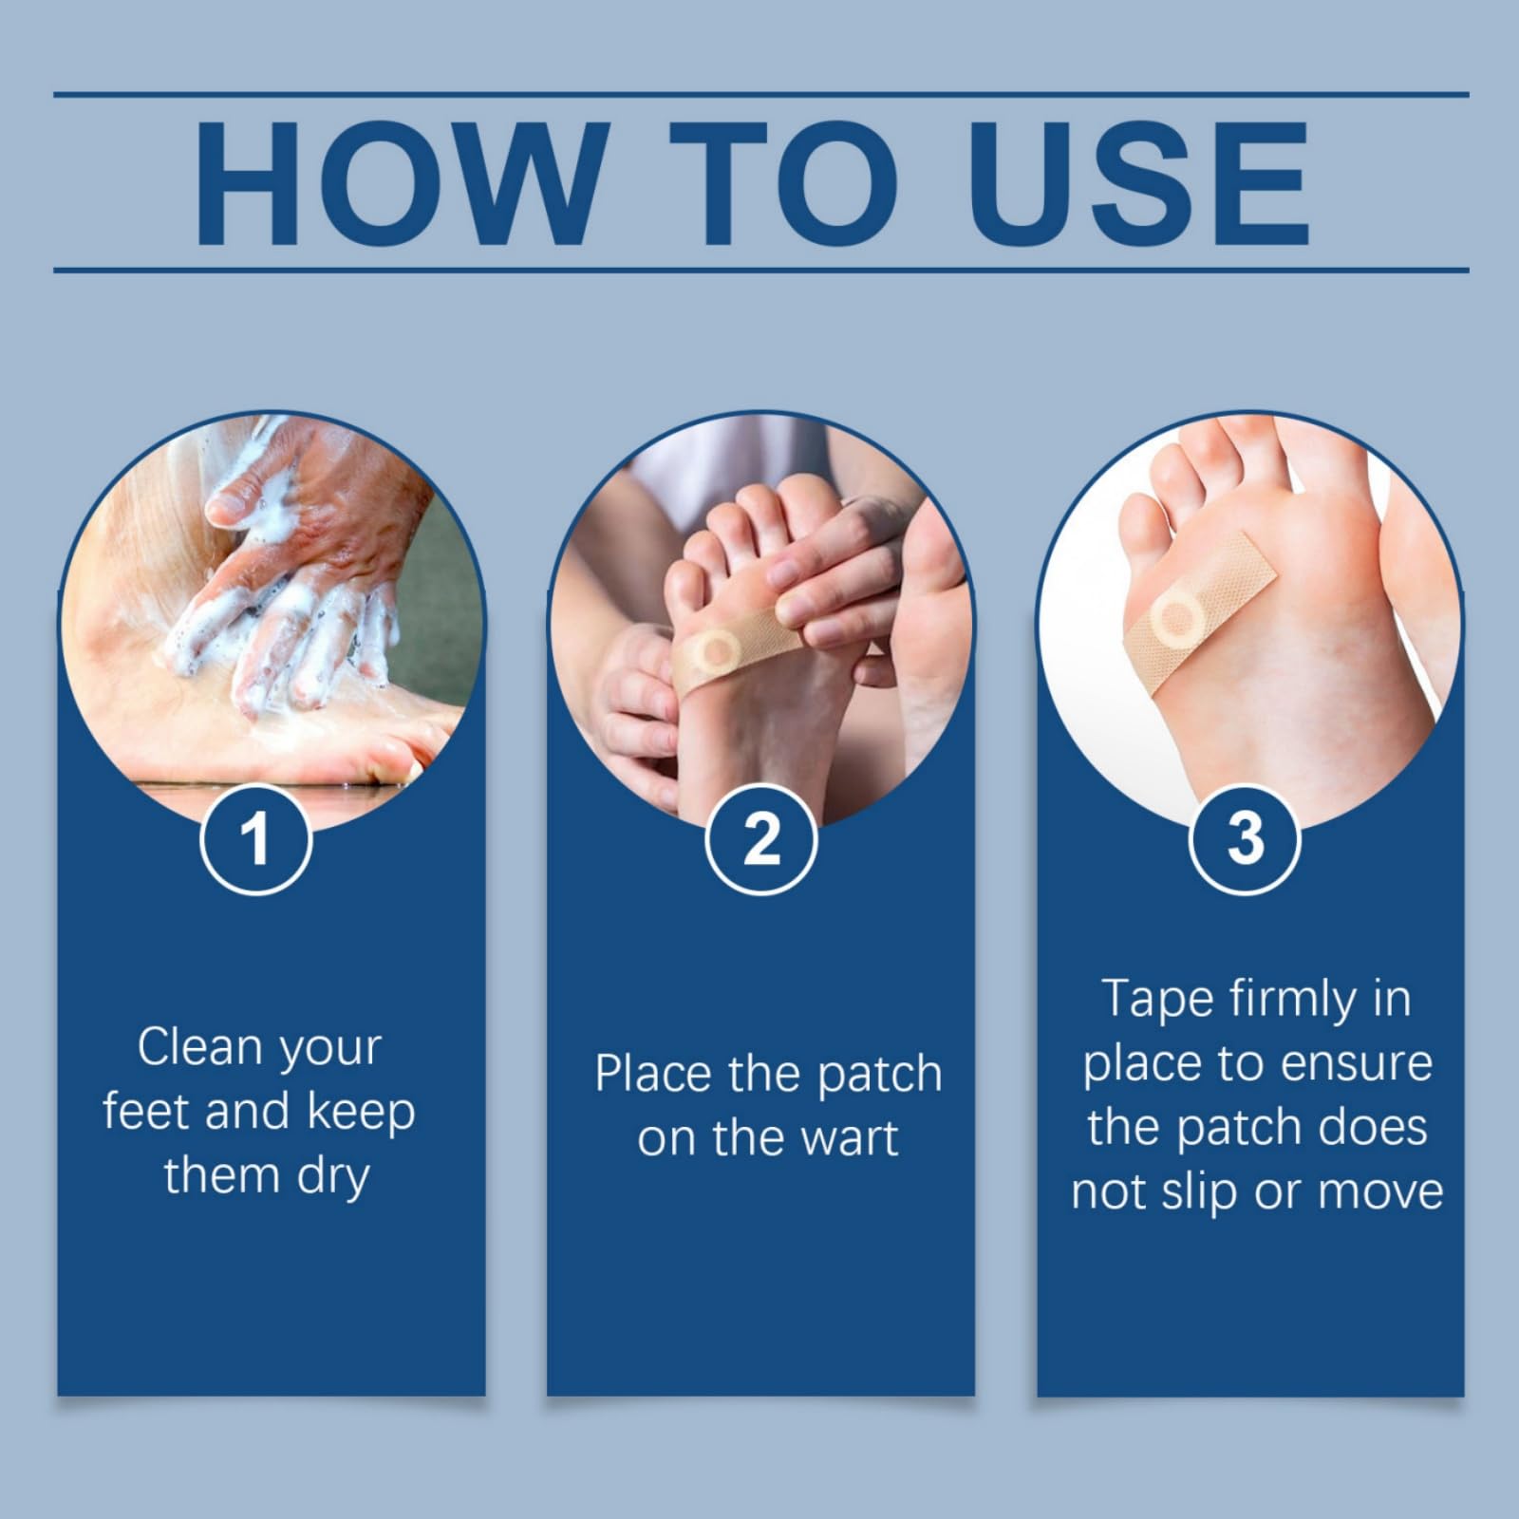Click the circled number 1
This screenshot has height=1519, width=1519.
256,838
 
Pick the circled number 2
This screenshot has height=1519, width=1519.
761,838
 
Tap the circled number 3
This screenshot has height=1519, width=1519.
1246,838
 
